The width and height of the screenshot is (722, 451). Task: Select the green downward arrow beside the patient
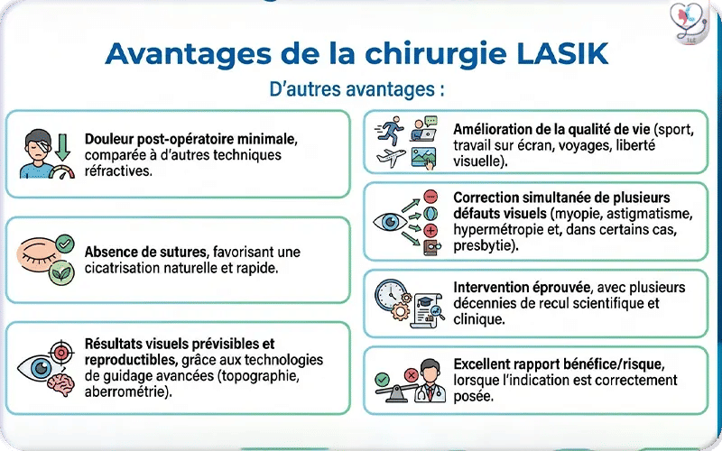pyautogui.click(x=62, y=143)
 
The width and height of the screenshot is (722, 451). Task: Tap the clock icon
pyautogui.click(x=391, y=294)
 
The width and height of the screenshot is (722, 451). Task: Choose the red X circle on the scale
pyautogui.click(x=412, y=373)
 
